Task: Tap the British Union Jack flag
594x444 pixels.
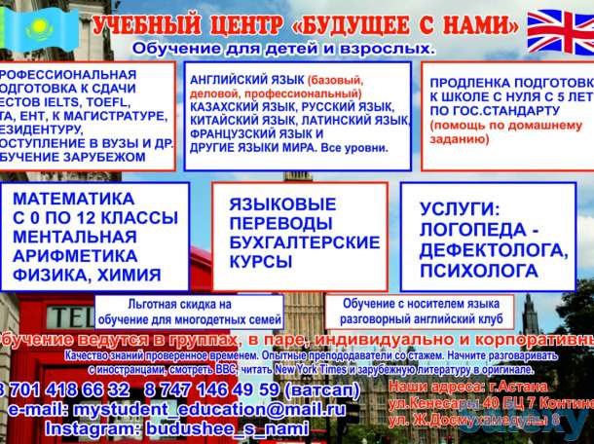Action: pos(559,31)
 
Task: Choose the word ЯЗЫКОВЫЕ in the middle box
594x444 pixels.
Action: pos(282,204)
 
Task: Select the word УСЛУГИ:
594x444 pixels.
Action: pos(463,208)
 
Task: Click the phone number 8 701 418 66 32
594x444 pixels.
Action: pos(64,389)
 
